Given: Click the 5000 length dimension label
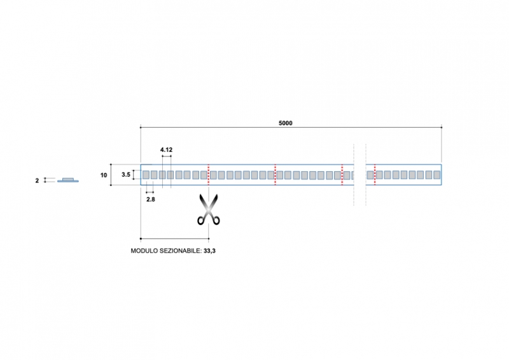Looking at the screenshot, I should (x=285, y=123).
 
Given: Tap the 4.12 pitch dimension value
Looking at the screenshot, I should (x=167, y=149).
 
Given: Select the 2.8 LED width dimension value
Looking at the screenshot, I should (x=151, y=199).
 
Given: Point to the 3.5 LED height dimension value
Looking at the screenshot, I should (x=126, y=174).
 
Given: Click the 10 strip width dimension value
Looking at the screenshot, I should (x=104, y=174).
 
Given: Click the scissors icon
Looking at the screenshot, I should (x=209, y=210).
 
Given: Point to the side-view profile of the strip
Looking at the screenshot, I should (x=68, y=180).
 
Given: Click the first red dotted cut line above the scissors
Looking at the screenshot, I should (x=209, y=174).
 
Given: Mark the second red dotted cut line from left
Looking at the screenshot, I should (x=275, y=174).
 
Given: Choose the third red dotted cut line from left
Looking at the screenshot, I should (x=342, y=174).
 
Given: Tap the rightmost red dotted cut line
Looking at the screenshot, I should (x=375, y=174).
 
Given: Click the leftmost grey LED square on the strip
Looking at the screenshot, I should (x=146, y=174).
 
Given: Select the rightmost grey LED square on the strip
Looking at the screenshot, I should (x=436, y=174).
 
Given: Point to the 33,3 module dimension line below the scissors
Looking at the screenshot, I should (x=174, y=239).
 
